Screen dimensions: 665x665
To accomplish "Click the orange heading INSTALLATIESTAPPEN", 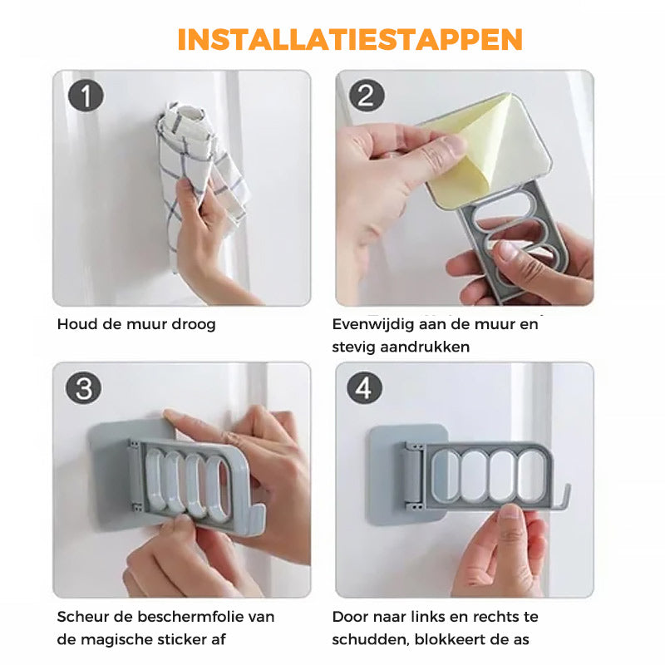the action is coord(350,39).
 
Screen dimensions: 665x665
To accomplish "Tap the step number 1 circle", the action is coord(86,96).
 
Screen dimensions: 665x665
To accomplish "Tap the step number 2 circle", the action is coord(367,96).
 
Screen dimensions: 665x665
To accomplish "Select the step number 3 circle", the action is coord(84,388).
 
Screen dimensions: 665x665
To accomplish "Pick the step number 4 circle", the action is coord(364,388).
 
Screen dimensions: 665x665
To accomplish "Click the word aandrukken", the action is coord(425,347).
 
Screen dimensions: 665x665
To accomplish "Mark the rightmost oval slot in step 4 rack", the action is coord(532,475).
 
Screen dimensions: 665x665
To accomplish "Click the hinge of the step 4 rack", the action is coord(412,475).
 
